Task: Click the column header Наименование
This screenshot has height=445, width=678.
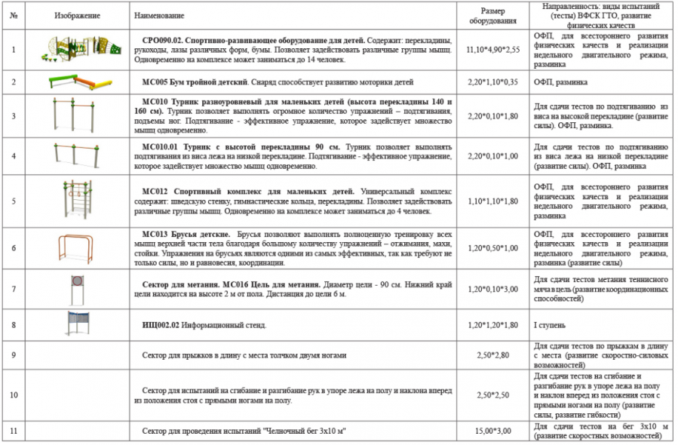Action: (x=159, y=15)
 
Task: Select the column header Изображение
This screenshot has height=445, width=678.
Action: (x=75, y=15)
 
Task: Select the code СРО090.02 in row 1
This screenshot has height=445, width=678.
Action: (x=165, y=39)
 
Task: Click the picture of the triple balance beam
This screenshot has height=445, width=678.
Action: (x=75, y=81)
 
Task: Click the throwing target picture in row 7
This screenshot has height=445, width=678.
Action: (x=75, y=288)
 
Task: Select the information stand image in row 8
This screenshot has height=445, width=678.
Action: (x=76, y=324)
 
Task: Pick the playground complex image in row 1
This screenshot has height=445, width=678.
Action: (x=75, y=49)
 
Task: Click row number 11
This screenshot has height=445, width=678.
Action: (x=14, y=431)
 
